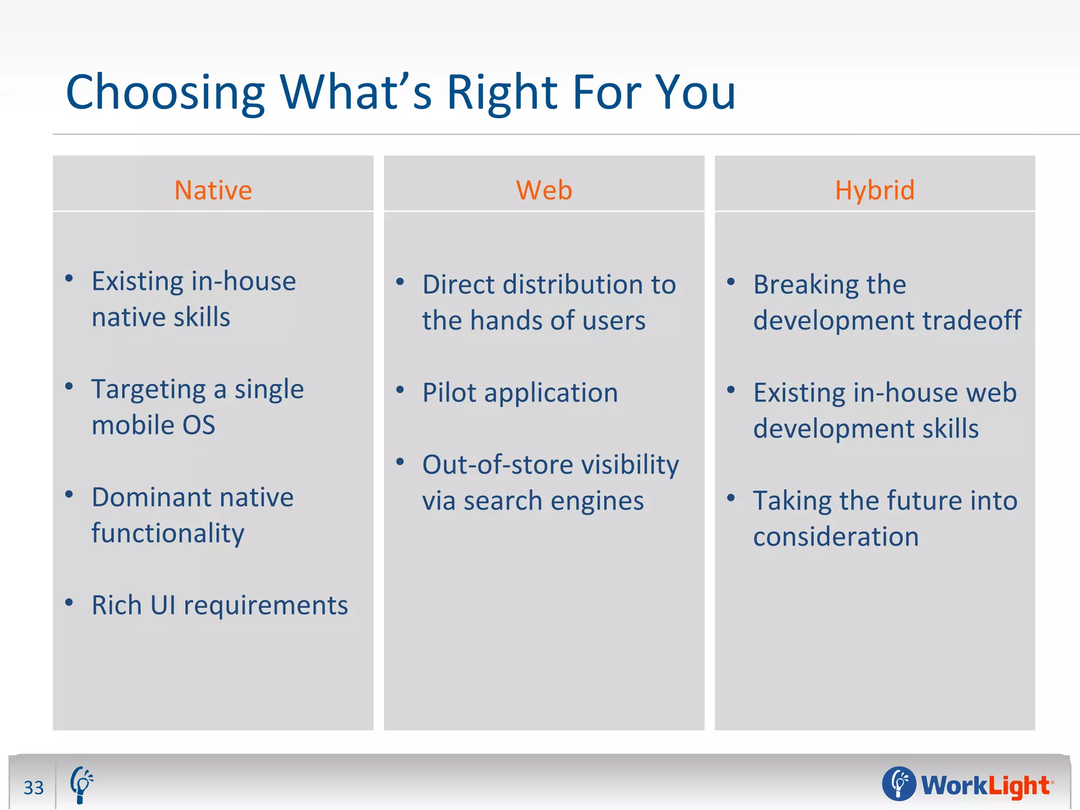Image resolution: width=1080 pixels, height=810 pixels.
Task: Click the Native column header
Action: tap(213, 190)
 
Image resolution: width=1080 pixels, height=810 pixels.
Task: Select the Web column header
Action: tap(544, 190)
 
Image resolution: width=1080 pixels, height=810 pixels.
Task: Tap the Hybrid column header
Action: tap(874, 190)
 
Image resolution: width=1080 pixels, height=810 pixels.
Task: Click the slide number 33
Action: tap(34, 787)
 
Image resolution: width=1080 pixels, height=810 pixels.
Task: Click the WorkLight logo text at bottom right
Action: tap(985, 785)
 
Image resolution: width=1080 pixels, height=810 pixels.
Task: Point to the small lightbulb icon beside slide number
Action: tap(81, 784)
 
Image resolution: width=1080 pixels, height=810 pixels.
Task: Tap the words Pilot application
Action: tap(520, 393)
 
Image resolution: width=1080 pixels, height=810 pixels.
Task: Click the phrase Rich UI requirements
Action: tap(219, 605)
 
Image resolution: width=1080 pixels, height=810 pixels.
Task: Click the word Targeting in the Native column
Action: tap(149, 390)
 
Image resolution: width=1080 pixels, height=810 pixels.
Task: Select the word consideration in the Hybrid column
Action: tap(836, 537)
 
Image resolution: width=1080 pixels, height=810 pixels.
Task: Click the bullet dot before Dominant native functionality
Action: tap(69, 494)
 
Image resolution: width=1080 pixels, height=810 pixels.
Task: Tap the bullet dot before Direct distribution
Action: tap(400, 282)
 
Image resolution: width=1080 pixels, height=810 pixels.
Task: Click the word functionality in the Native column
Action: tap(168, 533)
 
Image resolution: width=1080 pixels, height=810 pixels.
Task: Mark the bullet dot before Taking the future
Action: tap(731, 497)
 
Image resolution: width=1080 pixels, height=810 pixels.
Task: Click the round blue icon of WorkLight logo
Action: tap(899, 784)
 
